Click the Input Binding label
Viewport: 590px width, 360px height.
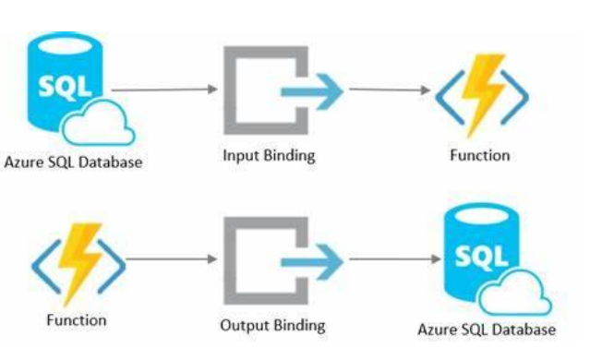pyautogui.click(x=269, y=156)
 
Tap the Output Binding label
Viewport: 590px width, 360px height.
pyautogui.click(x=272, y=326)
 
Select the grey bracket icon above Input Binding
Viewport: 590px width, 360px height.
pyautogui.click(x=230, y=90)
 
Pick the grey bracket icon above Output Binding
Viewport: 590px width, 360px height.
pyautogui.click(x=230, y=261)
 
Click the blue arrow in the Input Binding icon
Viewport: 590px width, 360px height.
pyautogui.click(x=312, y=91)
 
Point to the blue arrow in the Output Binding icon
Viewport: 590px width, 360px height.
pyautogui.click(x=312, y=262)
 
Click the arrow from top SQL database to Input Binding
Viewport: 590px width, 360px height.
pyautogui.click(x=164, y=90)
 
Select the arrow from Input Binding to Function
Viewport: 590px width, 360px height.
pyautogui.click(x=390, y=90)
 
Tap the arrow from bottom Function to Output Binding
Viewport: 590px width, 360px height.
pyautogui.click(x=172, y=258)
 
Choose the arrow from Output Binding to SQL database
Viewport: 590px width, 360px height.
pyautogui.click(x=395, y=258)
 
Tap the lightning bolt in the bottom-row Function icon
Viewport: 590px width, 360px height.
pyautogui.click(x=79, y=263)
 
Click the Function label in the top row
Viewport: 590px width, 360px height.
pyautogui.click(x=480, y=155)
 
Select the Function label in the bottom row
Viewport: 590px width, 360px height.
pyautogui.click(x=77, y=320)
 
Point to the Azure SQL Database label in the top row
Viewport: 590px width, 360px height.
pyautogui.click(x=73, y=162)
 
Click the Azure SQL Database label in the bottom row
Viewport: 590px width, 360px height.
pyautogui.click(x=487, y=330)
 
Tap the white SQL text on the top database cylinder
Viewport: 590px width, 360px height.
pyautogui.click(x=66, y=88)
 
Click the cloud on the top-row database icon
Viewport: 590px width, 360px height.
pyautogui.click(x=98, y=123)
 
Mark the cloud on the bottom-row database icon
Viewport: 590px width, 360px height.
pyautogui.click(x=514, y=293)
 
